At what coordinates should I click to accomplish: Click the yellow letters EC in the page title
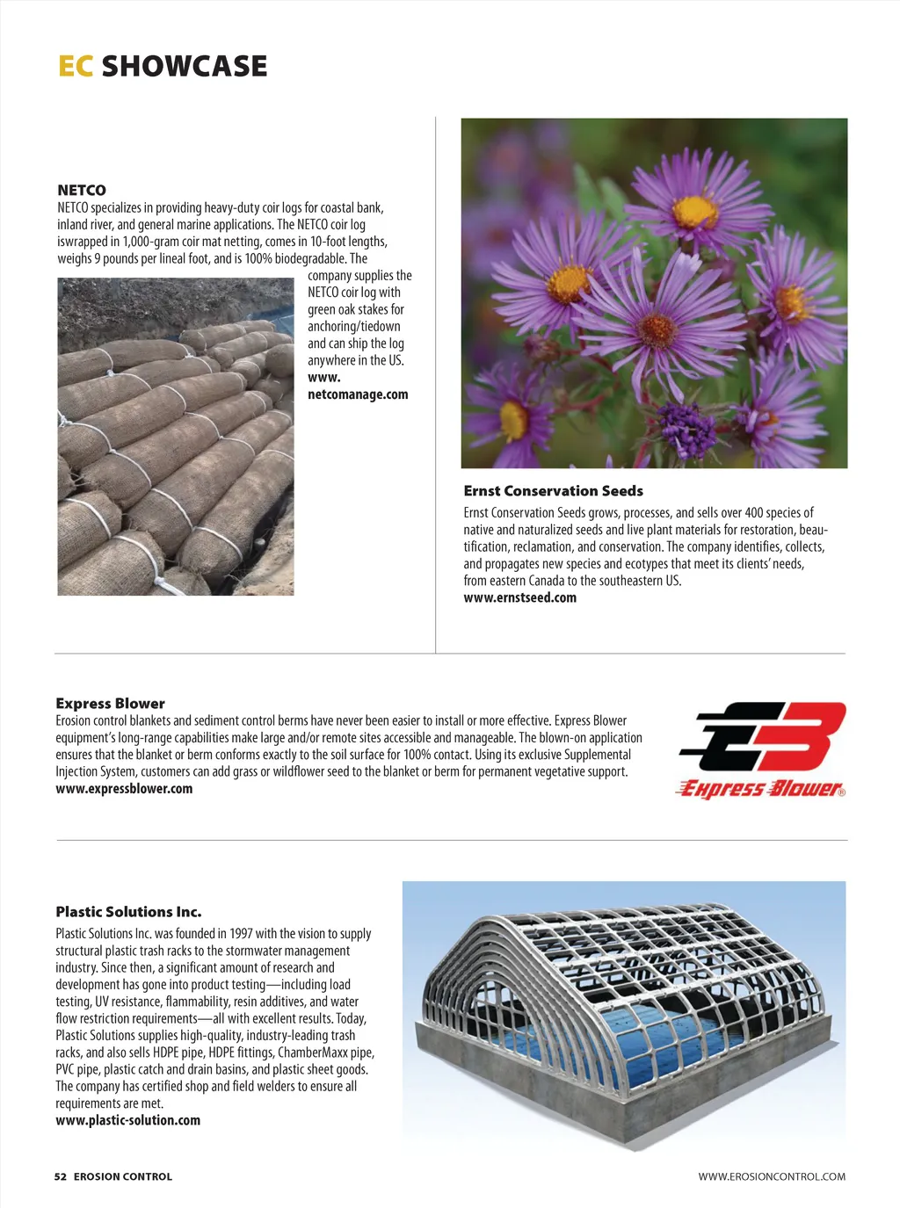click(x=76, y=66)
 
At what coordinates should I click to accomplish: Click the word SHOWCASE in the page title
click(x=185, y=66)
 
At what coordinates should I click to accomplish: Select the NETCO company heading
click(x=82, y=190)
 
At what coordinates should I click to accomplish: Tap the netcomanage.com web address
click(x=358, y=394)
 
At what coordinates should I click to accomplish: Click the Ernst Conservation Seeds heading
click(x=554, y=491)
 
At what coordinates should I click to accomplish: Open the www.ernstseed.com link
click(x=520, y=597)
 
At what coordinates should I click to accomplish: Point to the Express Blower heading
click(x=110, y=703)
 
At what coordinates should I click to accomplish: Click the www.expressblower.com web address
click(x=124, y=788)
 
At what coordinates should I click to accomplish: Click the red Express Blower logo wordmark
click(x=761, y=788)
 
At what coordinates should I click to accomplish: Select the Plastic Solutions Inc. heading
click(x=128, y=912)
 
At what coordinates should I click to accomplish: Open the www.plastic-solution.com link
click(x=127, y=1120)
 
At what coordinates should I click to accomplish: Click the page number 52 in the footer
click(x=60, y=1176)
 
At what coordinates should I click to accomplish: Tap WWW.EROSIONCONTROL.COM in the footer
click(x=772, y=1176)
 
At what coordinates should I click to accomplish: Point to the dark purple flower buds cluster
click(x=687, y=429)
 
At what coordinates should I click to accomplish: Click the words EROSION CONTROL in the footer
click(x=123, y=1176)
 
